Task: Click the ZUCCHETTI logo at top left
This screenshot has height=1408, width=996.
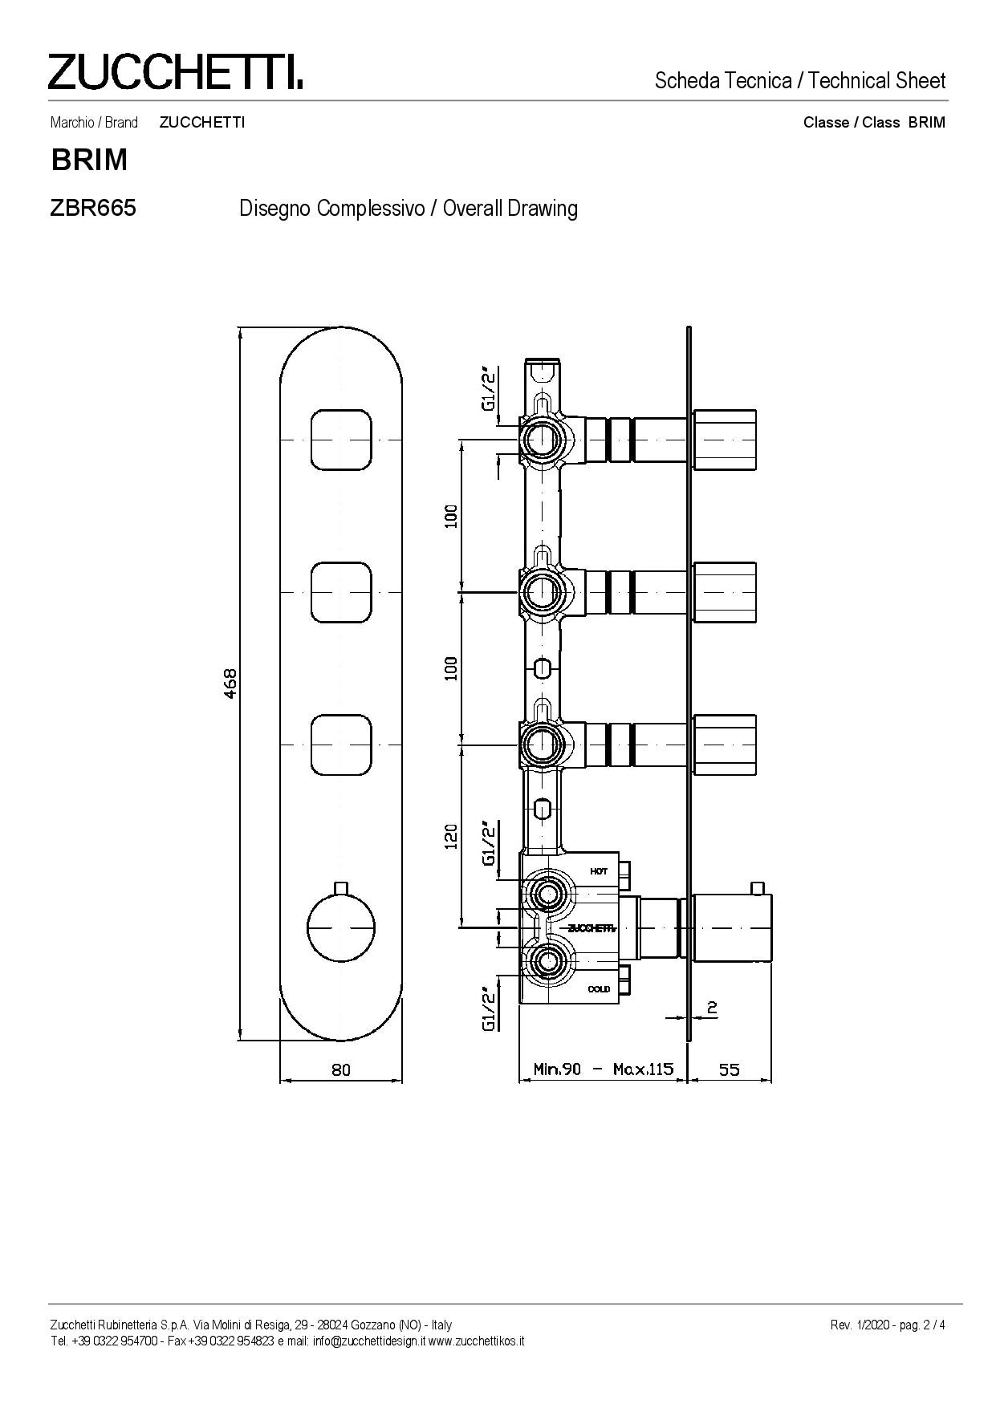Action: [x=176, y=71]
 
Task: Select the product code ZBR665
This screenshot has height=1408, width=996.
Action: [x=93, y=208]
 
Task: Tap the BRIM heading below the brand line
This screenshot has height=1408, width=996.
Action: [x=89, y=160]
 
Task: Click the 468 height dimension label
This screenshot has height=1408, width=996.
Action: [x=230, y=683]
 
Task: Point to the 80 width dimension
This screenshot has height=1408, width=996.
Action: [x=341, y=1069]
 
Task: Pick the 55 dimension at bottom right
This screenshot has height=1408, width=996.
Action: [x=729, y=1069]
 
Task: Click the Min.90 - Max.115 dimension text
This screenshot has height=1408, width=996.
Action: [x=604, y=1069]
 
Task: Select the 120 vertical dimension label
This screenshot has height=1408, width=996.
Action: [x=451, y=836]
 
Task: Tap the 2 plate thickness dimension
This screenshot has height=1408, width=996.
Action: [x=712, y=1008]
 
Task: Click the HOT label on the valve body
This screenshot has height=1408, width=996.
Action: [x=599, y=871]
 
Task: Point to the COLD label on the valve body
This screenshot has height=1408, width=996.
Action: [x=599, y=988]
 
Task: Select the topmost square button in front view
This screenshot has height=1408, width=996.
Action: [x=341, y=440]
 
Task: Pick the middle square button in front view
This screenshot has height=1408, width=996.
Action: [x=341, y=593]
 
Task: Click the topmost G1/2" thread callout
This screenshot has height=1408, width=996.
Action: [x=489, y=388]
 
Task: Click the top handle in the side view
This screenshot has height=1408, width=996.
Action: [x=725, y=440]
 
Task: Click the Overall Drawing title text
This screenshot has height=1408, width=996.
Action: [x=510, y=209]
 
